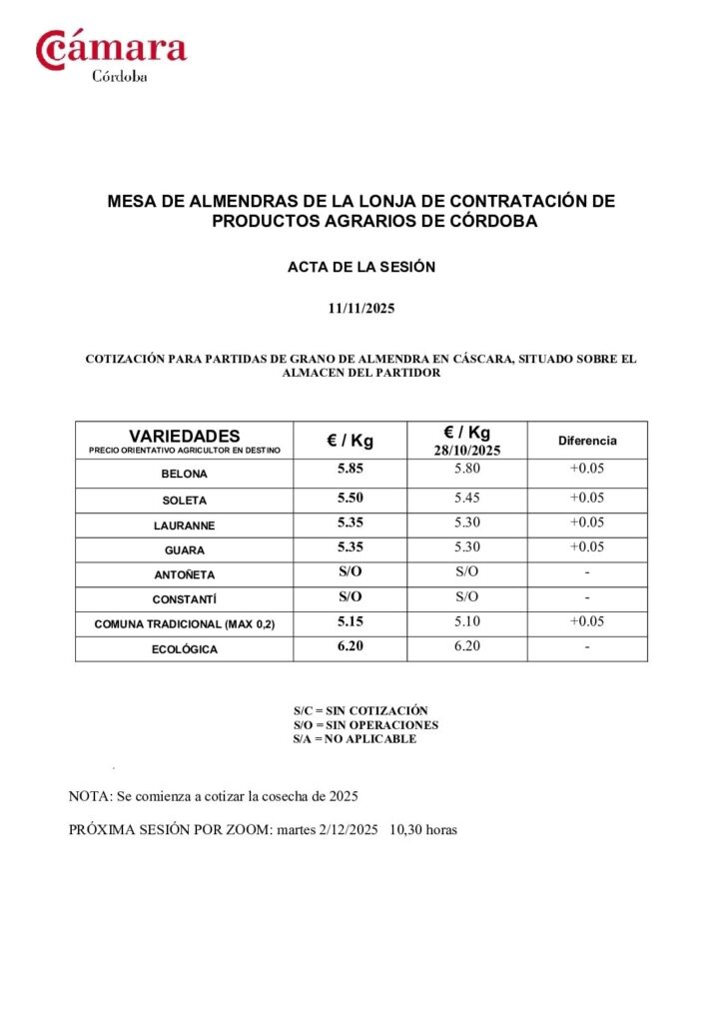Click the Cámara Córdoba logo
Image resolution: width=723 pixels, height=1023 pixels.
point(111,55)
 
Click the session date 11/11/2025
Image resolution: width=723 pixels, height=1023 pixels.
point(361,309)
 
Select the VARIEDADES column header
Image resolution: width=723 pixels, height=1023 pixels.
point(185,437)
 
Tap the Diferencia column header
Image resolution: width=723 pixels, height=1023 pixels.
point(587,441)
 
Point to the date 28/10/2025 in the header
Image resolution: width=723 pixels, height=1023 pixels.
point(467,451)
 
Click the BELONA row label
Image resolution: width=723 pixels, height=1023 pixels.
point(185,475)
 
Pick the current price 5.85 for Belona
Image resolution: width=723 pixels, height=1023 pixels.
point(351,468)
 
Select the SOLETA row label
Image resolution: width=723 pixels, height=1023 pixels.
point(185,501)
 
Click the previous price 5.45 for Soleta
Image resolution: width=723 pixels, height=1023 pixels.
point(467,498)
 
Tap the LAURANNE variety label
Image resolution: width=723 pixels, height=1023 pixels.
point(185,525)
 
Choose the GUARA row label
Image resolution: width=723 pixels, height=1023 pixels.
point(185,550)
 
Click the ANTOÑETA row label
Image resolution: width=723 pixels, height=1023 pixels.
point(185,575)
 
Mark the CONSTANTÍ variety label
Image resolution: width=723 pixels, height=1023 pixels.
point(185,600)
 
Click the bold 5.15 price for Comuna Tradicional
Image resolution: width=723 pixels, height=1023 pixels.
point(351,621)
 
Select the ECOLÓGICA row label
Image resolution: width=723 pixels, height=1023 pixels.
point(185,649)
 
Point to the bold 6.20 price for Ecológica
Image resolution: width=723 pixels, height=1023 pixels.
point(351,646)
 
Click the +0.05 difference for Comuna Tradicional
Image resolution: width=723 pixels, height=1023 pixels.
point(587,621)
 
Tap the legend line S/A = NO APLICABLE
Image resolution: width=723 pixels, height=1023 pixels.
point(355,739)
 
